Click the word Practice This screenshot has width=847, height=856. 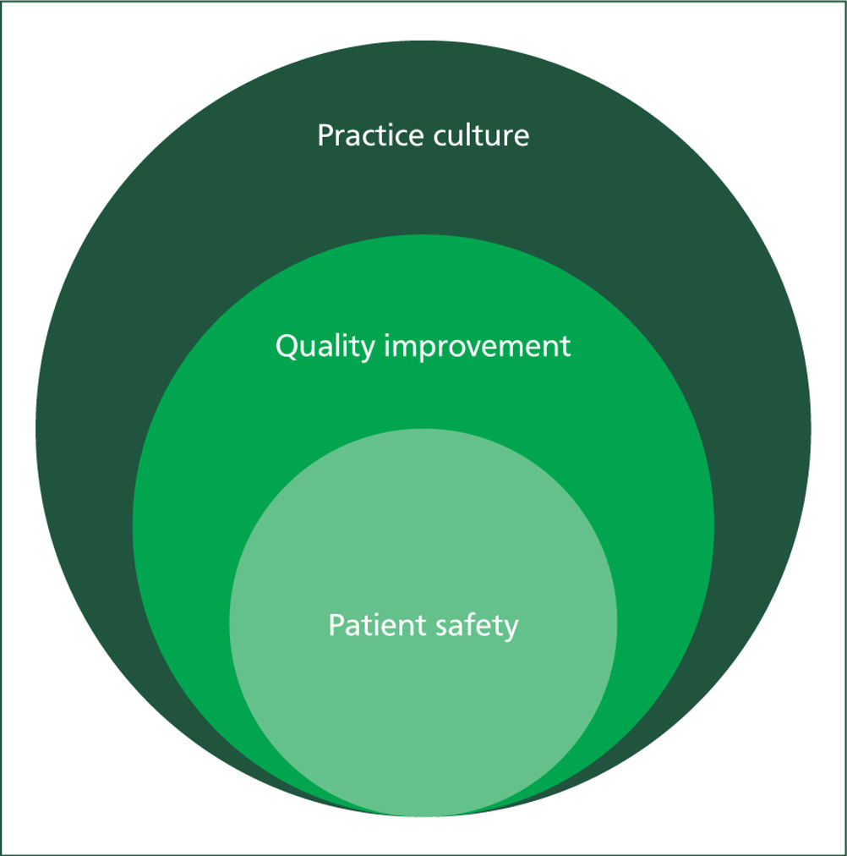point(369,135)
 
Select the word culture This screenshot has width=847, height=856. point(481,135)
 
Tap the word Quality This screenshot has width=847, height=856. point(325,347)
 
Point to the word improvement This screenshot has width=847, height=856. point(478,347)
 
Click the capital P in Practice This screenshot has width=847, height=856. point(325,135)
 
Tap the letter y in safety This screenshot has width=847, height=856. point(511,630)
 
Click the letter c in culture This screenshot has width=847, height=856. point(440,139)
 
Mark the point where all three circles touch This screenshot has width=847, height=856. point(423,817)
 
